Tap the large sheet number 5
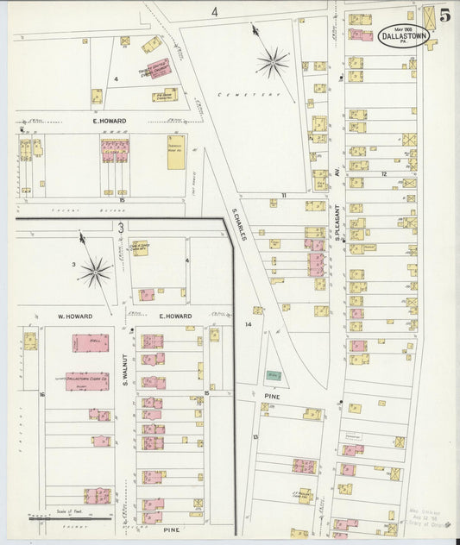pos(444,16)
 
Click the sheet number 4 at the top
pos(214,11)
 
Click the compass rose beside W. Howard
pos(96,273)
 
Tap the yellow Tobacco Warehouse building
pos(176,153)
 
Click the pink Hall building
pos(90,342)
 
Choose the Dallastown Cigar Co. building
pos(87,380)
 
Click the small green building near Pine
pos(274,376)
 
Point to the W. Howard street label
pos(74,316)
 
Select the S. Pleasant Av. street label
pos(339,220)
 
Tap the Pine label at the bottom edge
pos(171,529)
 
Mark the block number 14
pos(249,324)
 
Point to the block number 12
pos(383,173)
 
